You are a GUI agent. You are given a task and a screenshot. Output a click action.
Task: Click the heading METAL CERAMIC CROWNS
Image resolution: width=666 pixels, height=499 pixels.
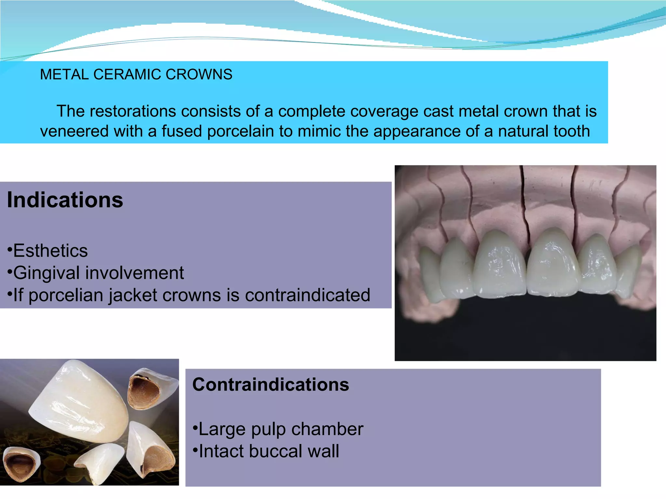[x=136, y=74]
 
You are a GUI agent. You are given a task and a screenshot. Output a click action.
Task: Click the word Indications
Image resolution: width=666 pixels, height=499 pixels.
[x=65, y=200]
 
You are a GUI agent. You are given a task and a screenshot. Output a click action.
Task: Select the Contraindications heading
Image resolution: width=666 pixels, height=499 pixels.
[x=271, y=385]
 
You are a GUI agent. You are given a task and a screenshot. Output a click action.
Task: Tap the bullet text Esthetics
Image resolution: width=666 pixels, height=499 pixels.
[x=50, y=251]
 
